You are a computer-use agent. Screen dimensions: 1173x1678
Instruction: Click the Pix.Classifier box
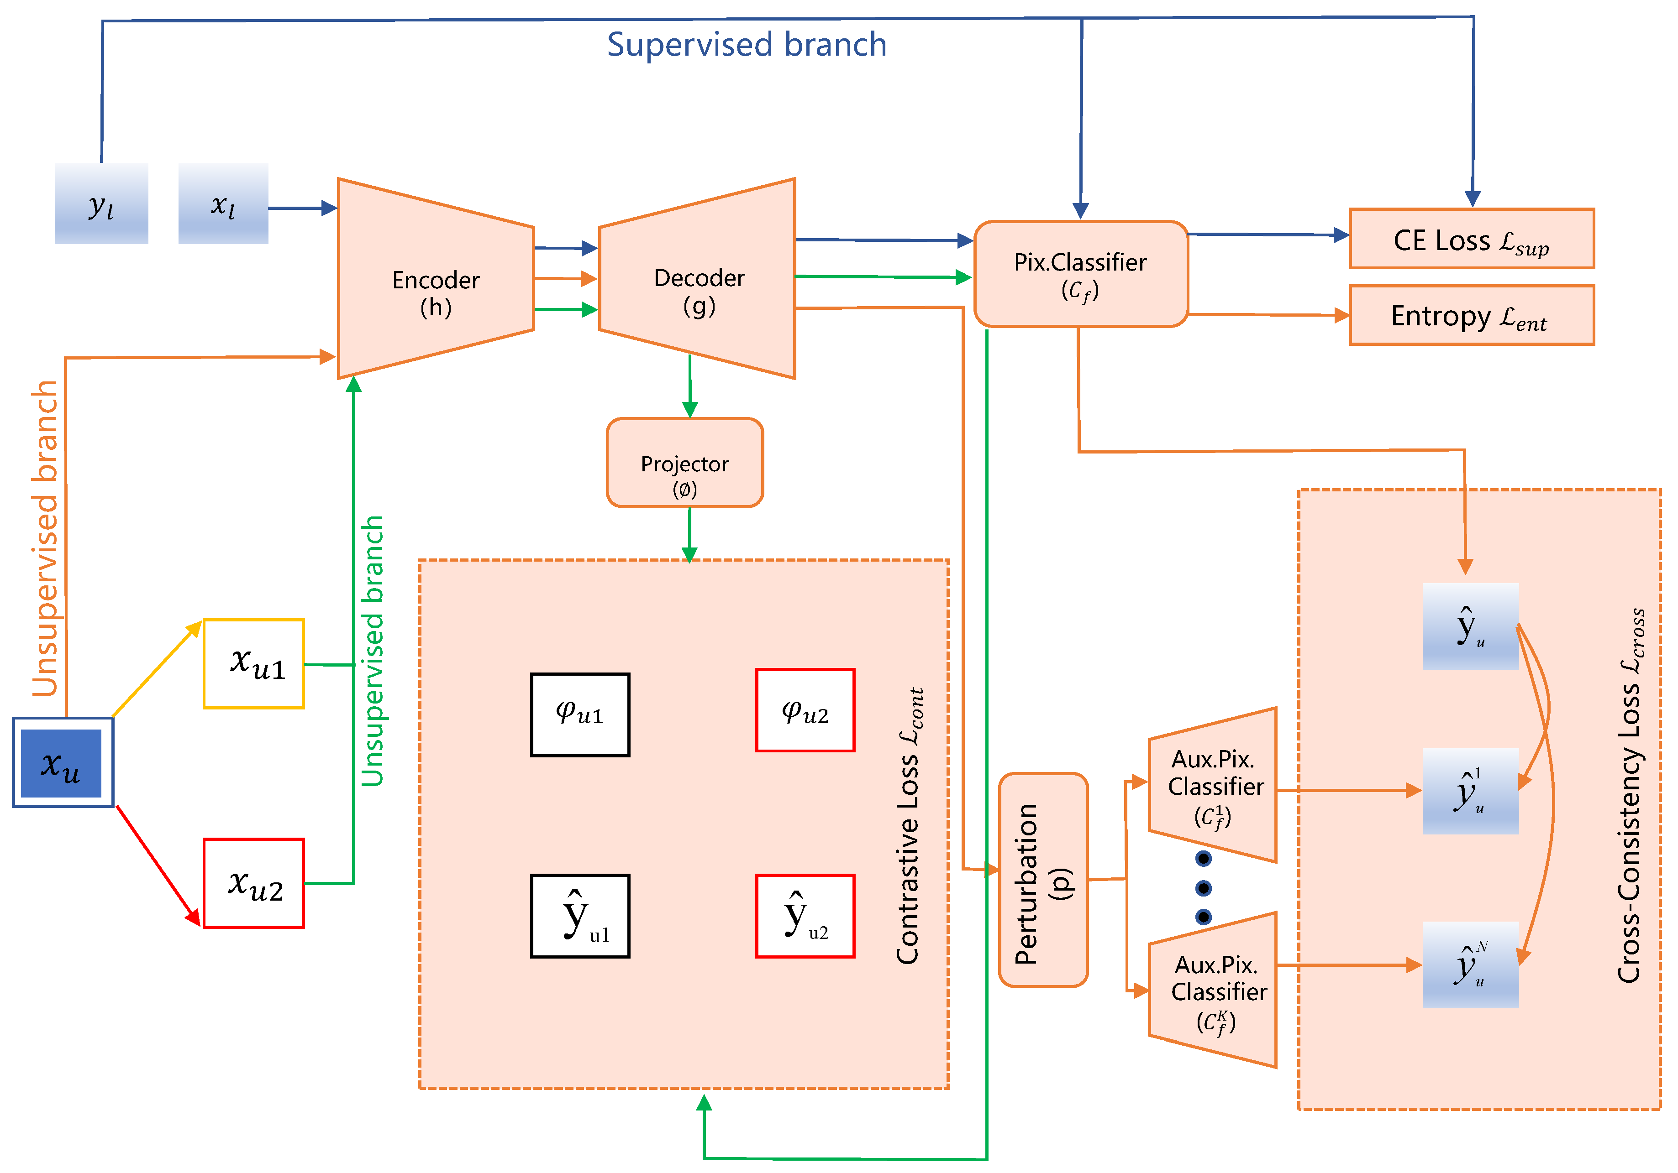1080,274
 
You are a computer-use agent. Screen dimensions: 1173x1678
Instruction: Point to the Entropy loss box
1471,316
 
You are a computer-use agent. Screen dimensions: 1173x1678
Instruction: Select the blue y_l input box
101,204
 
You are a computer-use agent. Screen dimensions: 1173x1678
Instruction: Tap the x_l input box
223,204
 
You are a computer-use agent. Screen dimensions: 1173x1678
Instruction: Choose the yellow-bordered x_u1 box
253,664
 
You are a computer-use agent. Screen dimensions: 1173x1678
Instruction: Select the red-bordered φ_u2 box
805,710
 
